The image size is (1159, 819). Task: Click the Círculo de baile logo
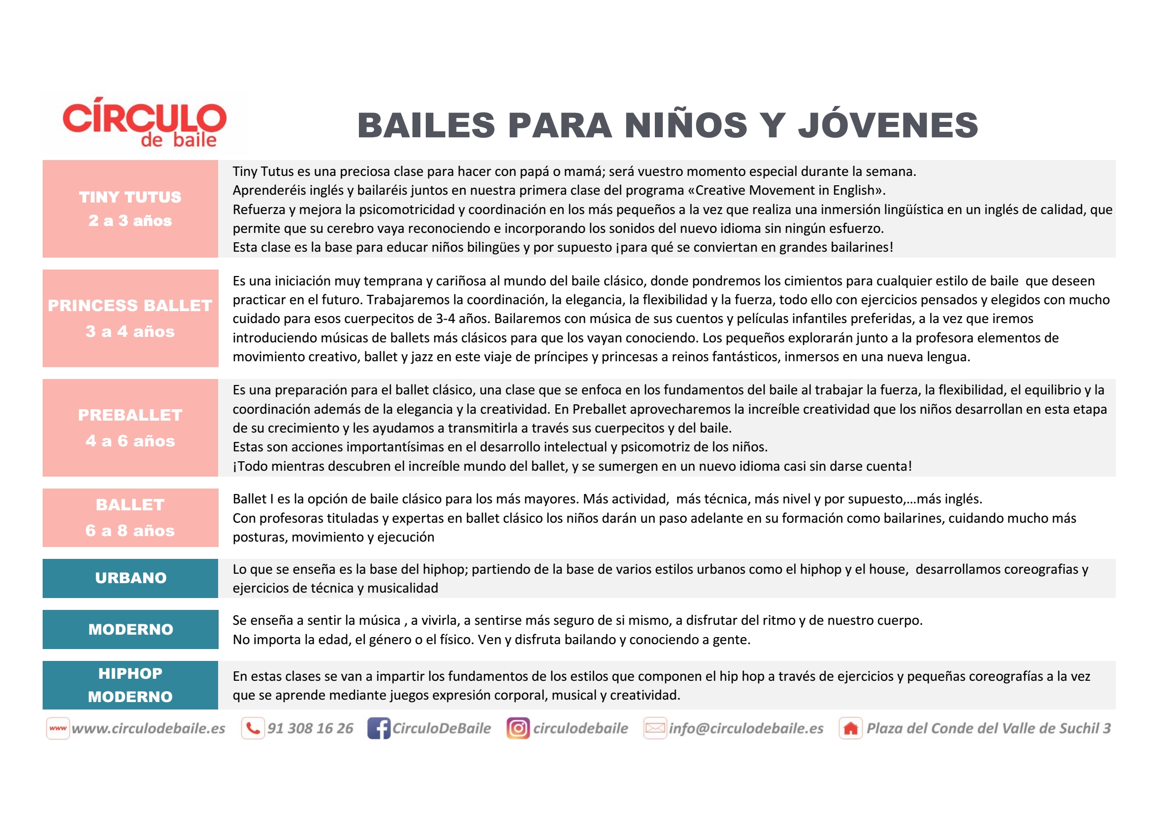coord(144,122)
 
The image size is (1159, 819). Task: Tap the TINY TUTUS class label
coord(130,197)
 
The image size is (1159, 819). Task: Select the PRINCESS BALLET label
coord(130,305)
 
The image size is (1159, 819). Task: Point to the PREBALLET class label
coord(130,415)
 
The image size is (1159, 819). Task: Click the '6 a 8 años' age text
coord(130,530)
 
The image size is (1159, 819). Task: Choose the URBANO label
coord(131,578)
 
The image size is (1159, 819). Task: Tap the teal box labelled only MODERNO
coord(131,629)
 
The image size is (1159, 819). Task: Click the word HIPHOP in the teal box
coord(130,673)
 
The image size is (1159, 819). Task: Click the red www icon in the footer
coord(58,728)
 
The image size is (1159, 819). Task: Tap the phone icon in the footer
coord(253,728)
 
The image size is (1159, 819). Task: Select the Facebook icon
coord(379,728)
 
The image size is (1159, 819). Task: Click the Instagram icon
coord(518,728)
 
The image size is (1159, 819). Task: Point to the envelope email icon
coord(655,728)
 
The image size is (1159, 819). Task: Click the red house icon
coord(851,728)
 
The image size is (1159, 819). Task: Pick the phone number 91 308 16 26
coord(310,728)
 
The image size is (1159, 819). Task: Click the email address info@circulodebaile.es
coord(746,728)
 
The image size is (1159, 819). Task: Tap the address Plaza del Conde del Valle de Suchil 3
coord(988,728)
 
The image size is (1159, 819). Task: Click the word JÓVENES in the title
coord(888,126)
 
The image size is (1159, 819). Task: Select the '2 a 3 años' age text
coord(130,220)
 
